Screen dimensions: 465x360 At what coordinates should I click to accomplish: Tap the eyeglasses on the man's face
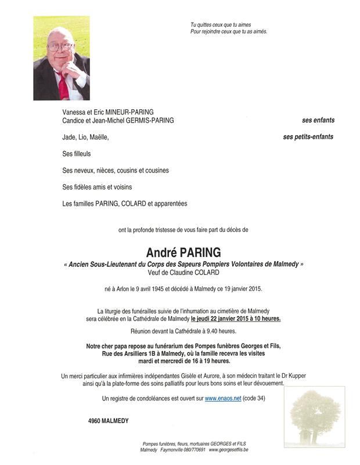coord(59,46)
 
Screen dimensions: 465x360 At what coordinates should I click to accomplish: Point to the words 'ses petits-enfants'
coord(308,137)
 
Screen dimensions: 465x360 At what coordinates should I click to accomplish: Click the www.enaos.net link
coord(222,398)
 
